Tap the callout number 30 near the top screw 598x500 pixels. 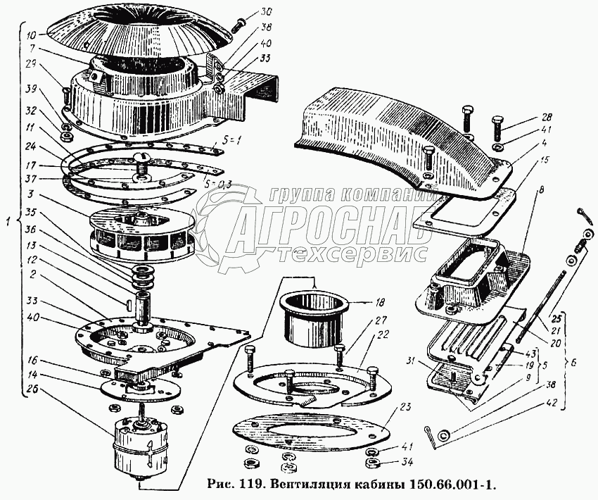pyautogui.click(x=246, y=13)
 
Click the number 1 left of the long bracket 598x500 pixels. pyautogui.click(x=8, y=222)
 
